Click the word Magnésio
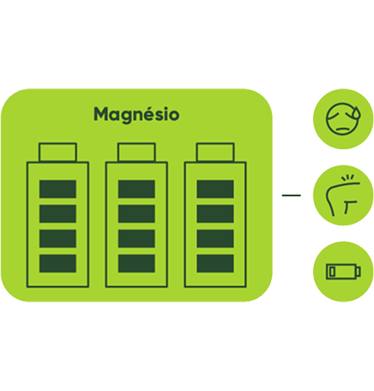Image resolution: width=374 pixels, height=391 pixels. pos(136,115)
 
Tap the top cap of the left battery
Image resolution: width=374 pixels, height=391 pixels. pos(57,152)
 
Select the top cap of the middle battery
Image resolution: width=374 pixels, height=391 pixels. pos(136,152)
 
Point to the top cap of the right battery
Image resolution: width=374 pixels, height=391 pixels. pos(215,152)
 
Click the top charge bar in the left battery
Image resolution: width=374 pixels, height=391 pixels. pos(57,189)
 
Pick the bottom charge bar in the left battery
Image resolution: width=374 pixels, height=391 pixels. pos(57,264)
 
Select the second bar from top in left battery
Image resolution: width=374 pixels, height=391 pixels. pos(57,214)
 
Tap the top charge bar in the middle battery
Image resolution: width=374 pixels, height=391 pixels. pos(136,189)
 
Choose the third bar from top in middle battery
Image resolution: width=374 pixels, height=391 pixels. pos(136,239)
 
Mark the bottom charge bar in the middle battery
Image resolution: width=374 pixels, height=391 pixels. pos(136,264)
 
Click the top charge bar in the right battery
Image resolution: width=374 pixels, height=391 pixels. pos(215,189)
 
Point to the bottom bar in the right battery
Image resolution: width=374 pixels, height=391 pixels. pos(215,264)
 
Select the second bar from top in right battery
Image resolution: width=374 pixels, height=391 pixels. pos(215,214)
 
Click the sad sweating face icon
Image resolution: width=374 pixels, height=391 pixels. pos(343,119)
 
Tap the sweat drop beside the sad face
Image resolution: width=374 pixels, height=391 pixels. pos(357,112)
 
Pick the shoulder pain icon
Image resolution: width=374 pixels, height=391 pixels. pos(343,195)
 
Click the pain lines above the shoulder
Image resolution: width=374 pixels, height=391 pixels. pos(348,177)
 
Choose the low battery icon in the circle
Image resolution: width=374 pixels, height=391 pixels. pos(343,271)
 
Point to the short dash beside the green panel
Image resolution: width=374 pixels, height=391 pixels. pos(291,195)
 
